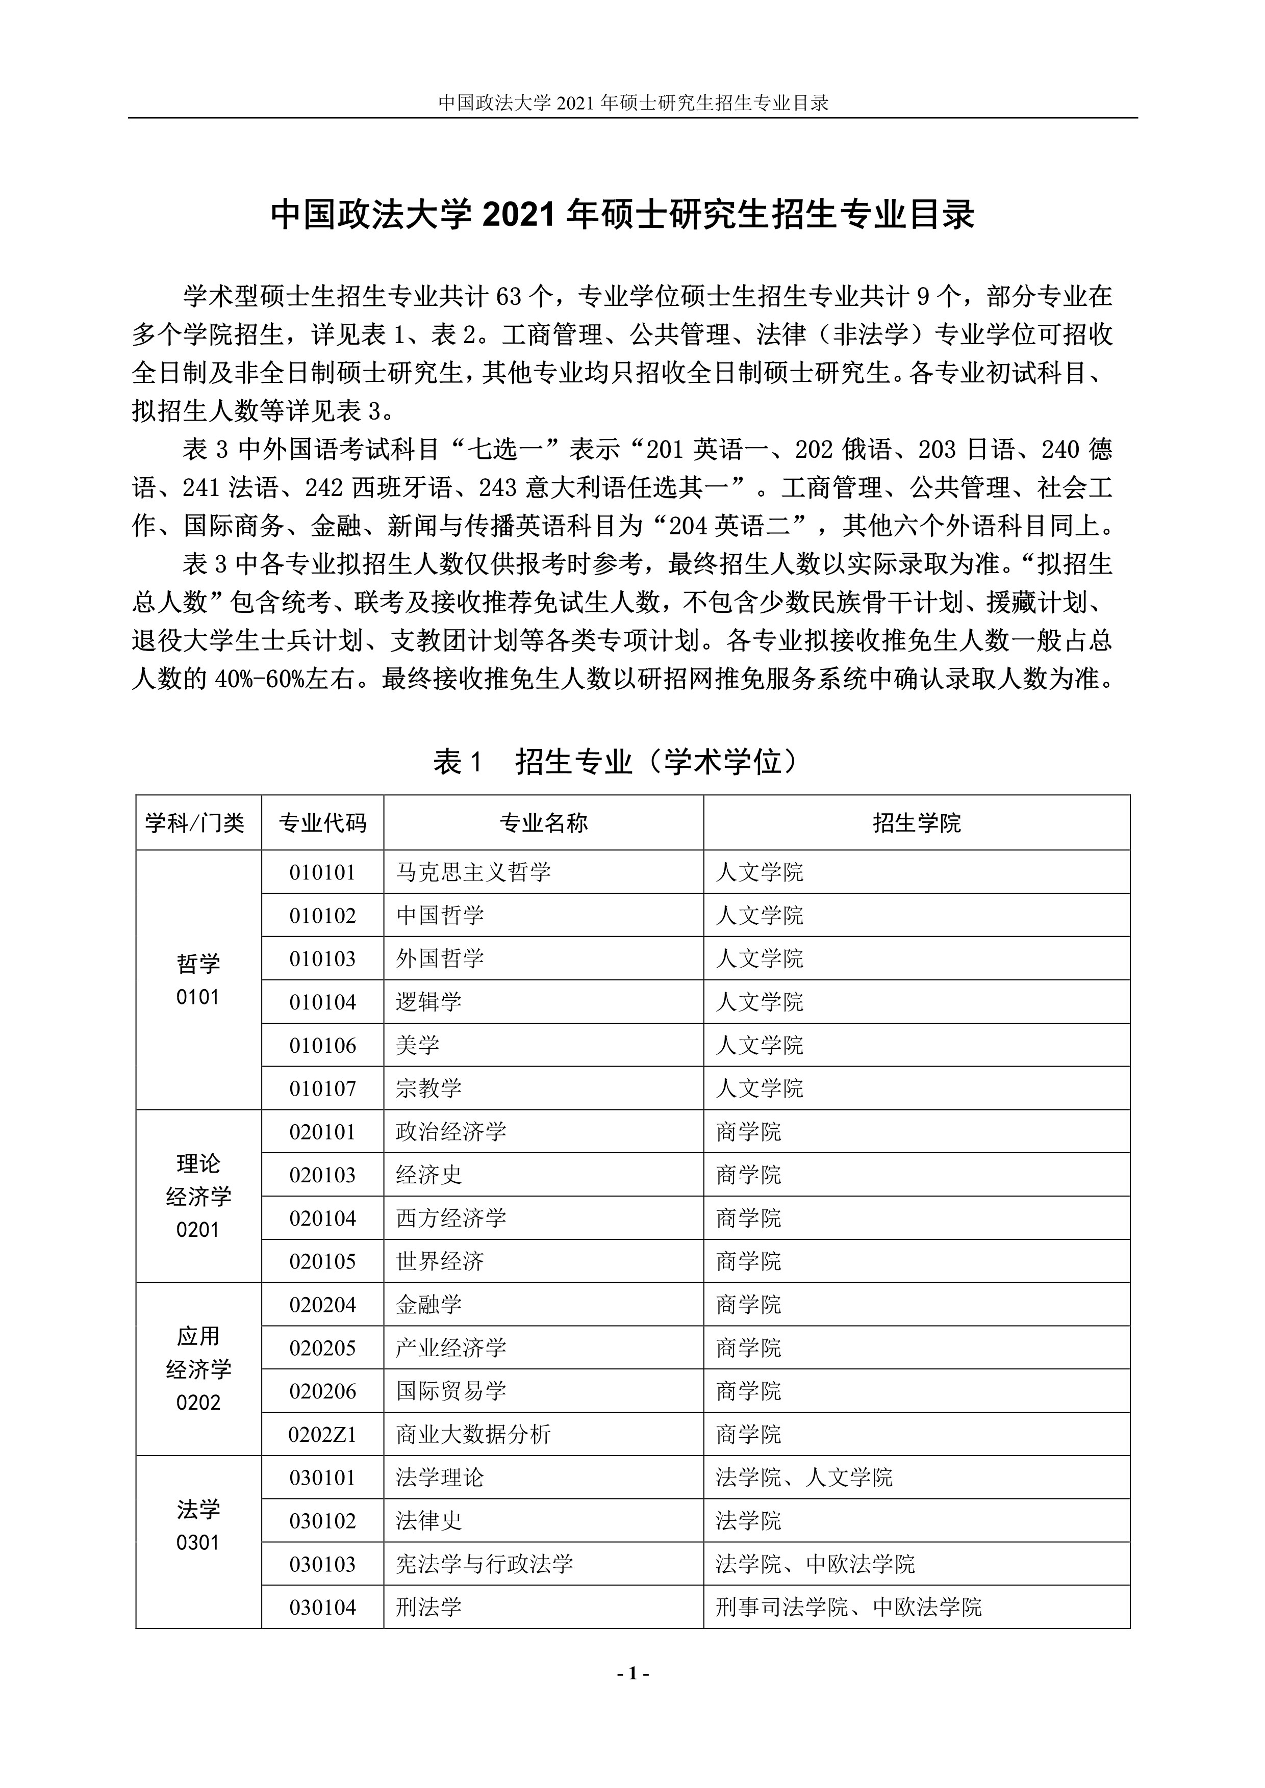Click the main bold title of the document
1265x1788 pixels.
click(622, 215)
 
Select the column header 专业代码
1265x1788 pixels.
click(322, 823)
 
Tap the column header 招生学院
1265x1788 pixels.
click(916, 823)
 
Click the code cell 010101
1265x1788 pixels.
click(322, 872)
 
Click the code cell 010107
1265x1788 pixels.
click(322, 1089)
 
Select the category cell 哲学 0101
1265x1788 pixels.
click(198, 980)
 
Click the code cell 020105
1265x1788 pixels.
click(322, 1261)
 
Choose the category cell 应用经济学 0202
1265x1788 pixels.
click(198, 1369)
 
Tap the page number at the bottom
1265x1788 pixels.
click(633, 1673)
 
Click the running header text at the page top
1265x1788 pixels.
click(633, 103)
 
